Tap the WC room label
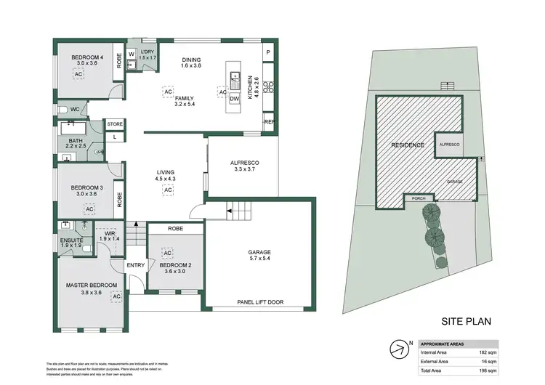coord(74,110)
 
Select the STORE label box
coord(115,125)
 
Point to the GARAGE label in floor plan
coord(259,254)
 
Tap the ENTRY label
coord(136,265)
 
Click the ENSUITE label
coord(71,240)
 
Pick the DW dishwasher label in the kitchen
coord(234,100)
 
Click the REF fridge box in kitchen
coord(268,122)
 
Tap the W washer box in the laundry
coord(132,54)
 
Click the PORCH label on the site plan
coord(418,197)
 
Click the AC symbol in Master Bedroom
coord(116,296)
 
